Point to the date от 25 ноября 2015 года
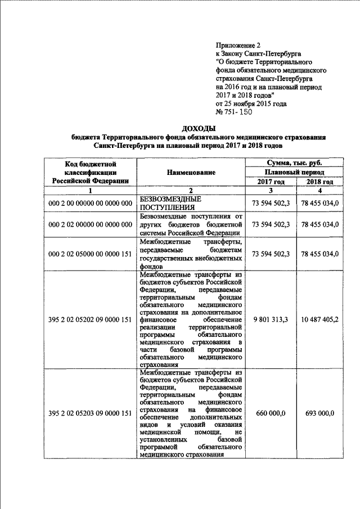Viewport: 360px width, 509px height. click(251, 103)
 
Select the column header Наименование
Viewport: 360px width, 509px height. click(191, 173)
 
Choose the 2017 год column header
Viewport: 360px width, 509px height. click(271, 182)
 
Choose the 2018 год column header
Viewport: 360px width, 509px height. click(319, 182)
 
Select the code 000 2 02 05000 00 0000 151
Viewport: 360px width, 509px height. click(90, 254)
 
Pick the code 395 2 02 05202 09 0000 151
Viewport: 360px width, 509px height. click(90, 319)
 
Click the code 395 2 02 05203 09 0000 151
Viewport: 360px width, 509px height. click(90, 413)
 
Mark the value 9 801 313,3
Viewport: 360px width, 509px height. click(271, 319)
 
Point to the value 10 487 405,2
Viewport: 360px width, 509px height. click(319, 319)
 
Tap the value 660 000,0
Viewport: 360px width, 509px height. click(271, 413)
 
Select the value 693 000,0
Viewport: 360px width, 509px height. click(319, 413)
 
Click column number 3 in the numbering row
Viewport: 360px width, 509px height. click(271, 191)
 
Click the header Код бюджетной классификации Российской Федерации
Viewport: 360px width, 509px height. click(90, 172)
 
